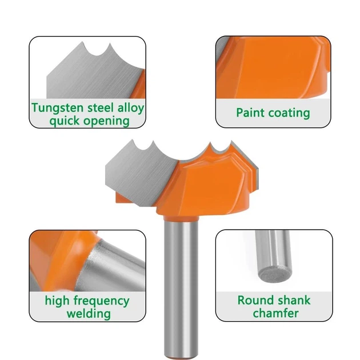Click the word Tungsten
pyautogui.click(x=58, y=107)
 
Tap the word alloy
pyautogui.click(x=131, y=107)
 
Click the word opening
pyautogui.click(x=106, y=121)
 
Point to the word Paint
pyautogui.click(x=250, y=113)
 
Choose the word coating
pyautogui.click(x=289, y=113)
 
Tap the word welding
pyautogui.click(x=89, y=314)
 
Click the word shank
pyautogui.click(x=291, y=301)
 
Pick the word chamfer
pyautogui.click(x=275, y=313)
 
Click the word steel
pyautogui.click(x=101, y=107)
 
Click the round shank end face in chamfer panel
pyautogui.click(x=275, y=274)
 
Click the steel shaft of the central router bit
pyautogui.click(x=181, y=287)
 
